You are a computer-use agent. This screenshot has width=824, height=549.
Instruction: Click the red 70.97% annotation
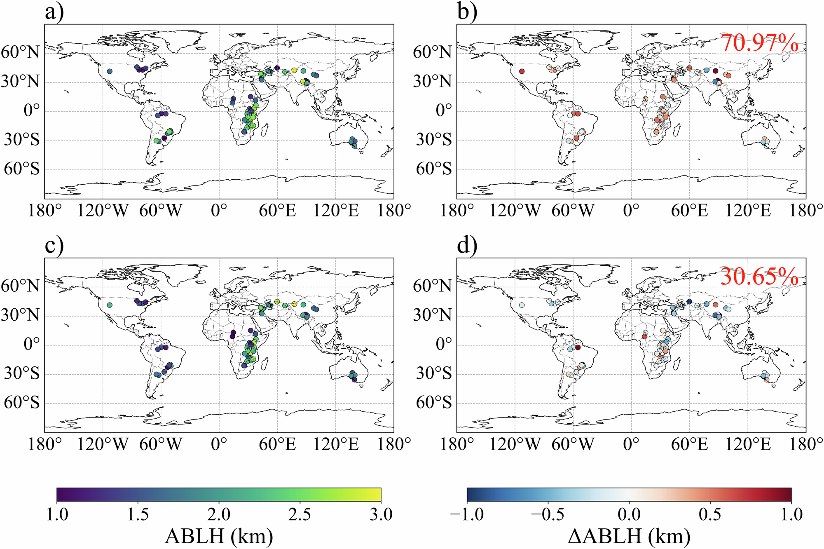[x=759, y=43]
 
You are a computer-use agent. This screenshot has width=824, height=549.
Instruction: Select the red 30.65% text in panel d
[x=759, y=277]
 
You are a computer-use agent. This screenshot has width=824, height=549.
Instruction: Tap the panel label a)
[x=55, y=12]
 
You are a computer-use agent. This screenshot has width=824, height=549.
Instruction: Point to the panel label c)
[x=54, y=246]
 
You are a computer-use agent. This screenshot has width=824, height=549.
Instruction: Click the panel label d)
[x=467, y=246]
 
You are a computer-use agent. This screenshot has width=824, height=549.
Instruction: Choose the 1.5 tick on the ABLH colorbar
[x=138, y=514]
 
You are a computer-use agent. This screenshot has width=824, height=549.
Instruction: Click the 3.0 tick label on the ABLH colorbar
[x=381, y=514]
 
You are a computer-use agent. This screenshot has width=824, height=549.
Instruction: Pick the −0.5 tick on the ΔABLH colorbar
[x=548, y=514]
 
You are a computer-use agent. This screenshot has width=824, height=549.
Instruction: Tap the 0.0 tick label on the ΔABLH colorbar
[x=629, y=514]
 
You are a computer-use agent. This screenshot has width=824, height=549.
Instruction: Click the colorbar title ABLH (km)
[x=219, y=536]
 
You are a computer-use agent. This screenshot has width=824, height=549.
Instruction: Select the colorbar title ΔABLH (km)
[x=629, y=536]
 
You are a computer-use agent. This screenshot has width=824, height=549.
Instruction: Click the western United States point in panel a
[x=110, y=71]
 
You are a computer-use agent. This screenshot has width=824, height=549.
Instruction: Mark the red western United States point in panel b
[x=522, y=71]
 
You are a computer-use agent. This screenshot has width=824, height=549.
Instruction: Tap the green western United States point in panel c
[x=110, y=305]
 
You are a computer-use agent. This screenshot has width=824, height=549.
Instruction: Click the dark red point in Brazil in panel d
[x=578, y=348]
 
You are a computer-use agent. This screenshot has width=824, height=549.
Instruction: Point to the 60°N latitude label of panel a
[x=21, y=53]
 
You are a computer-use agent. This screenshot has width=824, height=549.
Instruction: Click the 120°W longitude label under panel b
[x=515, y=211]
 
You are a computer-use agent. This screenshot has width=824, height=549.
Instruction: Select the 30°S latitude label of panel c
[x=22, y=373]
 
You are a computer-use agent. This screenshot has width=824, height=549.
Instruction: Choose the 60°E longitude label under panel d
[x=689, y=444]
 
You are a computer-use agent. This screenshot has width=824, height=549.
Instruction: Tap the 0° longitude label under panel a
[x=219, y=211]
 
